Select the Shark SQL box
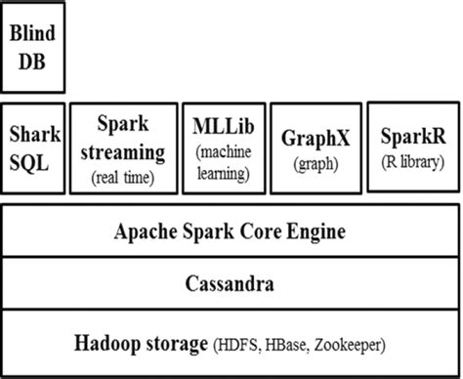(33, 147)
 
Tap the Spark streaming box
(122, 147)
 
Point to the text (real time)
(122, 178)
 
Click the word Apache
(145, 233)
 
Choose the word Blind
(33, 34)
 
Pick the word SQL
(33, 159)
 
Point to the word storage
(175, 343)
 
